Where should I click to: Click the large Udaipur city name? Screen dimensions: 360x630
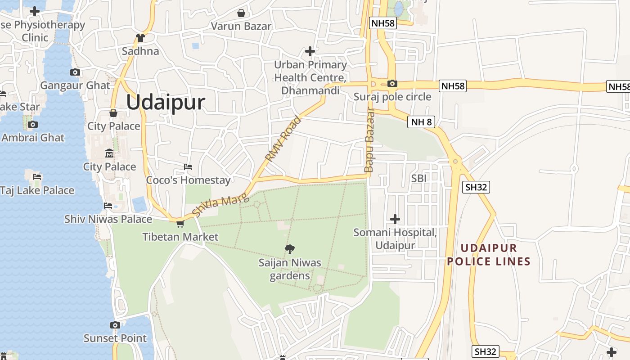165,103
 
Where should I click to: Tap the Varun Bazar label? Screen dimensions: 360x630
241,26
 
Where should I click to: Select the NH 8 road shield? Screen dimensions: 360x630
421,121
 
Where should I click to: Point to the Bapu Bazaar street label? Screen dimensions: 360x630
369,140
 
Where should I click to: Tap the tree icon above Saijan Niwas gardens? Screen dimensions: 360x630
290,249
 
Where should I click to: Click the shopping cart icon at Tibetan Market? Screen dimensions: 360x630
180,224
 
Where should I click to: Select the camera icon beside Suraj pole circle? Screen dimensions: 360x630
392,83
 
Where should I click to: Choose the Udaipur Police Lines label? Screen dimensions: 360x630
489,255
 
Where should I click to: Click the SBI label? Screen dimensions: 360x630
418,178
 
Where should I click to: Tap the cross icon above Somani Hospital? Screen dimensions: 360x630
395,219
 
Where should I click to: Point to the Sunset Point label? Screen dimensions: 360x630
115,338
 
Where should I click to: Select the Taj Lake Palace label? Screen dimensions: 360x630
37,190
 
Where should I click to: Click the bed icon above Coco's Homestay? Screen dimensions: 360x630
188,167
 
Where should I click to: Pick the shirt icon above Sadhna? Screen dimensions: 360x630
140,38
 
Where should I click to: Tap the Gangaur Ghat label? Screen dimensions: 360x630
75,85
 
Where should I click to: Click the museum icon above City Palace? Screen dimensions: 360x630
109,154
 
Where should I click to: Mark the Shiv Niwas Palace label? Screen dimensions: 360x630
108,219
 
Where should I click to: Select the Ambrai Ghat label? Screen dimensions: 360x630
33,138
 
